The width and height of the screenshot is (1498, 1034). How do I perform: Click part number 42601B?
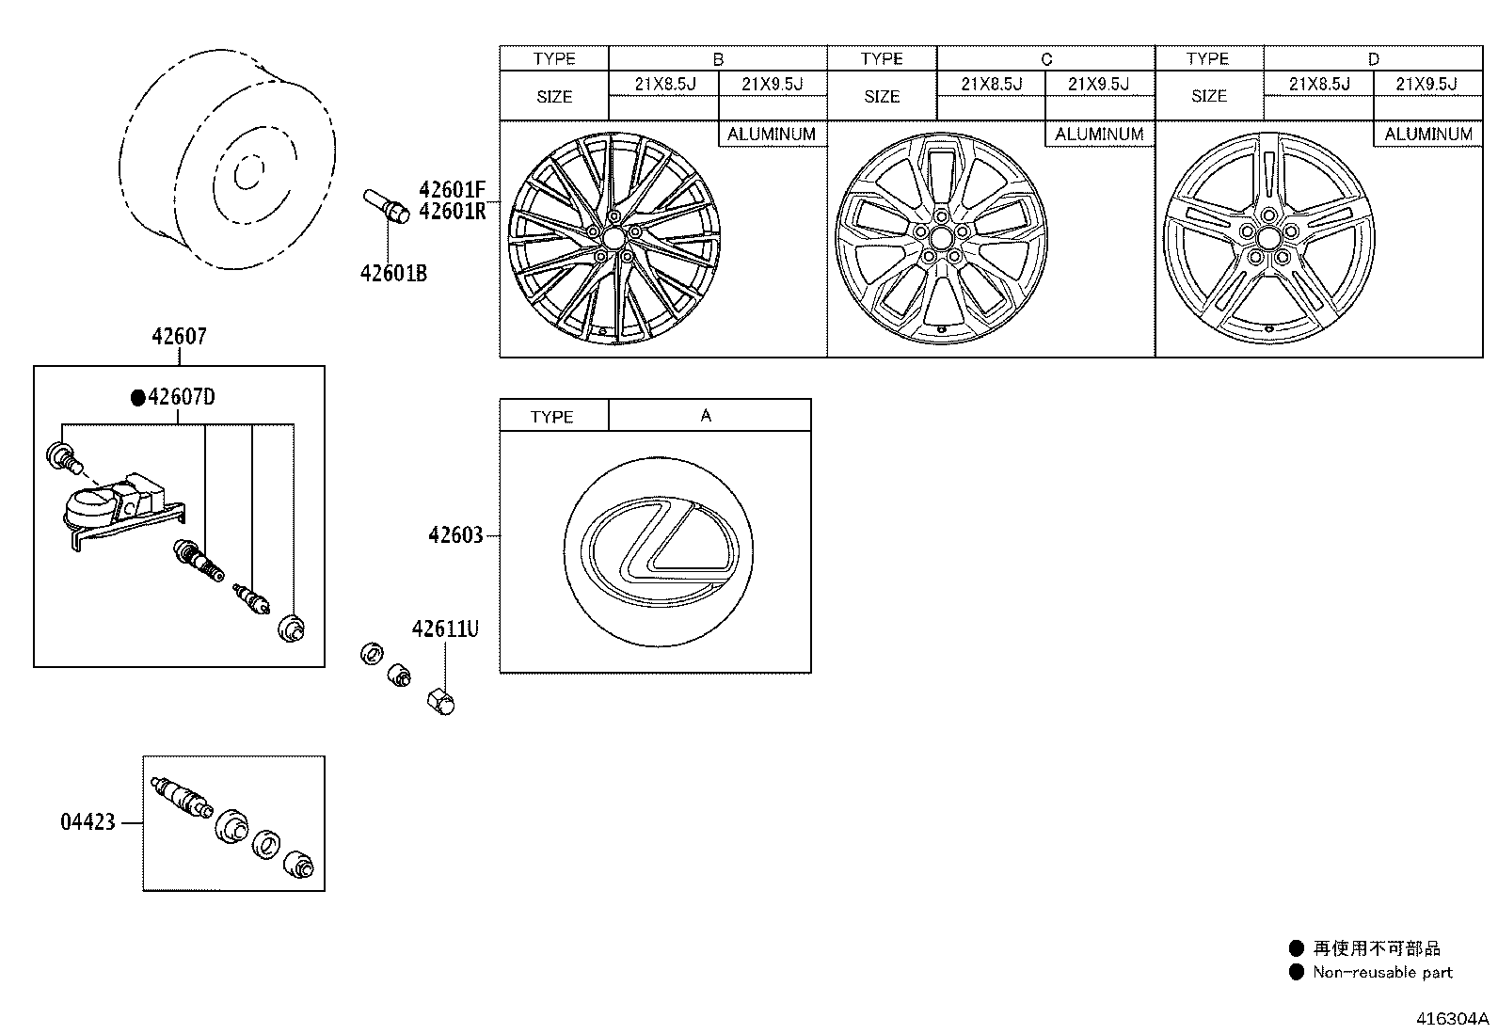point(392,273)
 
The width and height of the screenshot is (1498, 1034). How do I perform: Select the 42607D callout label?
point(181,397)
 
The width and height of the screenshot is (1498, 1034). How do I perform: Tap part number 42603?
point(455,535)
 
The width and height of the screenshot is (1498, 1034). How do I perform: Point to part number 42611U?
point(444,628)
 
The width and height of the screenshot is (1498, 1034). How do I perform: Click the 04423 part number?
point(88,822)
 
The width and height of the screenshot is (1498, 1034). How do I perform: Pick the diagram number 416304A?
point(1453,1019)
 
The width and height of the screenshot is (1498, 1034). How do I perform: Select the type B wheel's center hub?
point(614,242)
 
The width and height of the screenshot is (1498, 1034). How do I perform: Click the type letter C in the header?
point(1046,58)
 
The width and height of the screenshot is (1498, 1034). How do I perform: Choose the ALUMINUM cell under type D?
point(1427,134)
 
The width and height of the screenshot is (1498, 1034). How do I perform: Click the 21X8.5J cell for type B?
point(663,84)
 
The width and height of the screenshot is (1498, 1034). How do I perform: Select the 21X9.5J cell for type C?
point(1099,84)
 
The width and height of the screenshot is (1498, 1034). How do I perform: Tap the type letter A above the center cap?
point(707,415)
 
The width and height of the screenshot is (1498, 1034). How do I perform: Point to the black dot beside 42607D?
point(138,398)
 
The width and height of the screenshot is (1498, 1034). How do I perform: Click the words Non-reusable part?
point(1382,973)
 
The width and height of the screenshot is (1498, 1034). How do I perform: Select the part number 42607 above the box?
point(179,336)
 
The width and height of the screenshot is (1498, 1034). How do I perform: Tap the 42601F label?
point(452,189)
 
